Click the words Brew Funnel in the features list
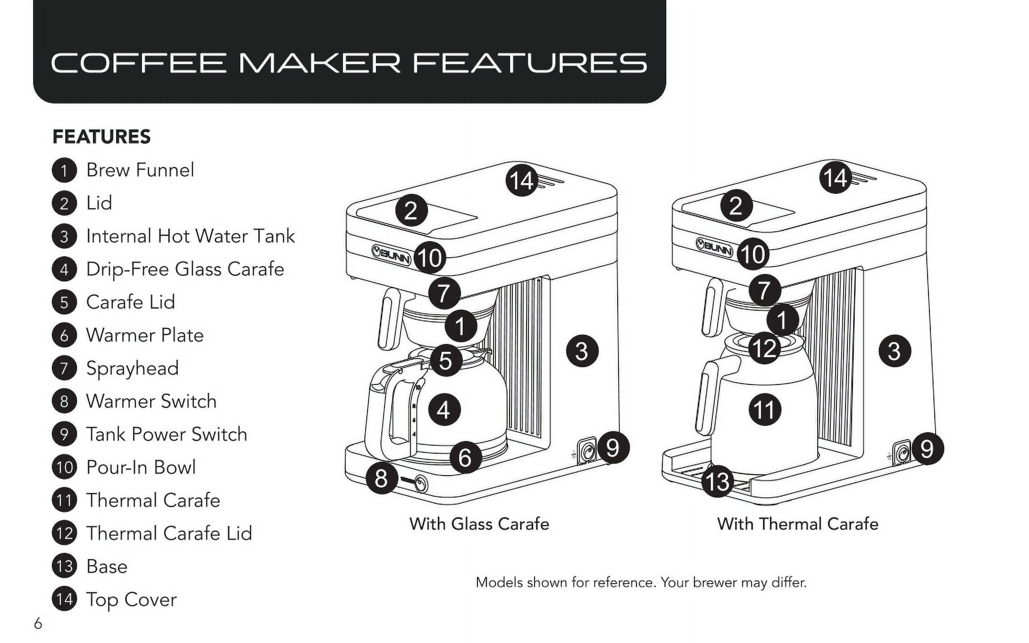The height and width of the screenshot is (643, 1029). coord(140,170)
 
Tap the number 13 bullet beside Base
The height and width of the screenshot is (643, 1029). coord(64,566)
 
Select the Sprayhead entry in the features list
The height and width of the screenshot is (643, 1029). coord(132,368)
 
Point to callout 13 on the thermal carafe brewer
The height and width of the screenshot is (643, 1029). coord(718,481)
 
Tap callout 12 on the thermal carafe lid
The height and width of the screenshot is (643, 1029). coord(764,348)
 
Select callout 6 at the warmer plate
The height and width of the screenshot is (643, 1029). coord(465,457)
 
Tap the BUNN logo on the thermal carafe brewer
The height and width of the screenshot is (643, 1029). coord(715,247)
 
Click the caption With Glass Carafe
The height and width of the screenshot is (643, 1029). coord(479,524)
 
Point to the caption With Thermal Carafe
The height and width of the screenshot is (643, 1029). coord(798,524)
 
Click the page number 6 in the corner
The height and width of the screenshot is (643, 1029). coord(38,623)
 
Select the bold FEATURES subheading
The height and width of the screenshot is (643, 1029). coord(101,137)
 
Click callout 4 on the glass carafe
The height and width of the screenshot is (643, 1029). coord(444,409)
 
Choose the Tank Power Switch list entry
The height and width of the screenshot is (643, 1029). coord(166,434)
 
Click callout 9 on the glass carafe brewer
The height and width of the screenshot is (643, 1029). coord(613,447)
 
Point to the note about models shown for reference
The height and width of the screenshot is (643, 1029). coord(641,583)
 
